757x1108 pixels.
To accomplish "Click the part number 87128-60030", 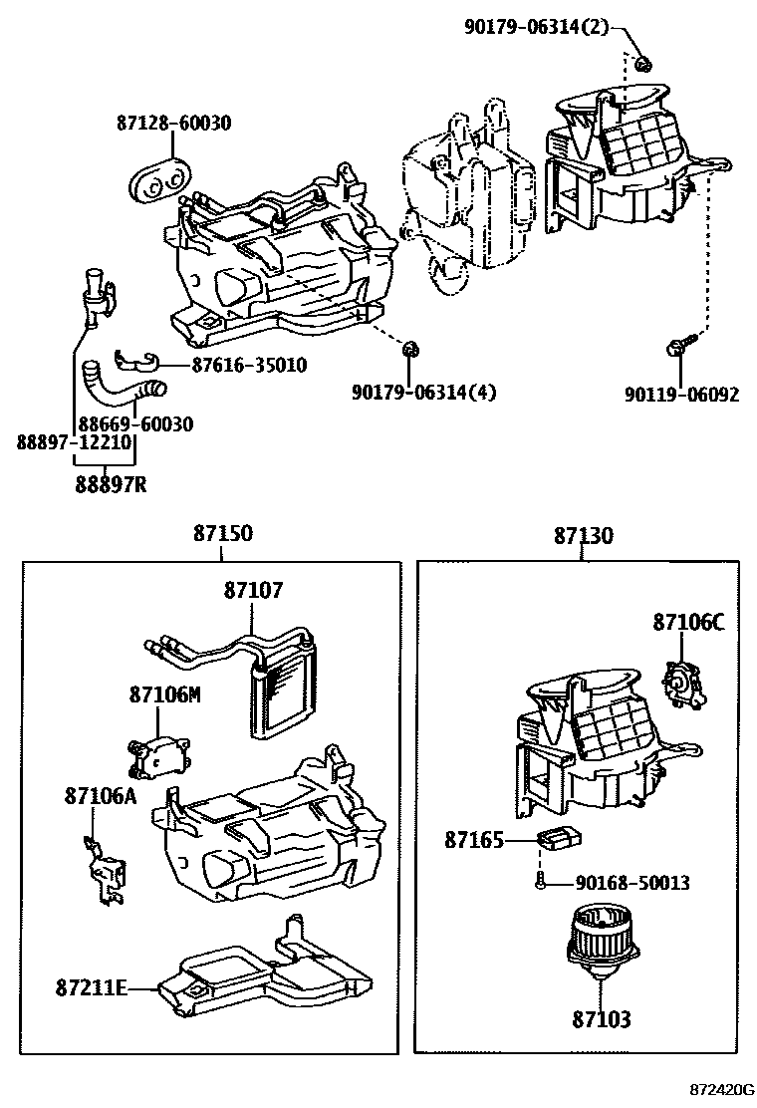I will click(x=173, y=124).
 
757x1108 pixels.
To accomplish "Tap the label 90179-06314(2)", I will click(x=537, y=27).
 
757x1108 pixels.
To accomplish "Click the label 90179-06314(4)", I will click(x=423, y=393).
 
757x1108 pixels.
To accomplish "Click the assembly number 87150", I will click(x=222, y=534).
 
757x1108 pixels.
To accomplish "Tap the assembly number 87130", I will click(x=584, y=535).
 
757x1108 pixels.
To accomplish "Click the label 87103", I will click(x=601, y=1019).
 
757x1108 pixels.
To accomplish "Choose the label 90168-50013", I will click(x=632, y=883).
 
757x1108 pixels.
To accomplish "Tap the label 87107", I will click(x=253, y=591).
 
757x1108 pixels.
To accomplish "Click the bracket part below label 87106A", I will click(x=104, y=871).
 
